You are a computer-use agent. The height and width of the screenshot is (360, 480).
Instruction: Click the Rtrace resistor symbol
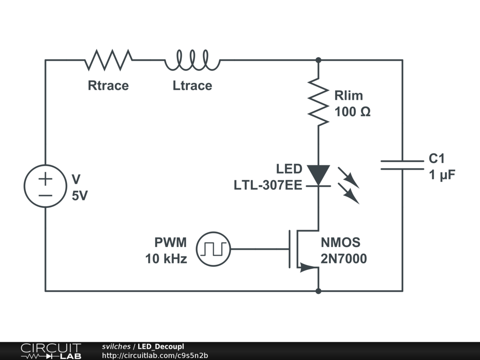[108, 60]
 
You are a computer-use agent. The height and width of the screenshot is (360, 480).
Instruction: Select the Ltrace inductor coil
[192, 60]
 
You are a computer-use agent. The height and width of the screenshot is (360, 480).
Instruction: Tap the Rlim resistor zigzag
[318, 102]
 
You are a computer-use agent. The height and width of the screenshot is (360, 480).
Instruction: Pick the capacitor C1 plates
[402, 165]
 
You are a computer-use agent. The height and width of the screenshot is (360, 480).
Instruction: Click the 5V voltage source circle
[45, 186]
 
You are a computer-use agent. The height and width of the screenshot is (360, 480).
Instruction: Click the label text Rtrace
[108, 86]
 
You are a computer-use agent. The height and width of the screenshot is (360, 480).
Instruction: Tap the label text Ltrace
[192, 86]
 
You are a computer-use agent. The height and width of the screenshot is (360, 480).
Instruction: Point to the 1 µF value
[442, 175]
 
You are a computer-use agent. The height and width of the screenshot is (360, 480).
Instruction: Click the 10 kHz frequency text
[166, 258]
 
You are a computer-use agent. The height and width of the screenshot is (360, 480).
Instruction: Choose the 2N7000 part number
[344, 259]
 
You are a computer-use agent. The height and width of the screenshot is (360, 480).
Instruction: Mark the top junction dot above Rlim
[318, 60]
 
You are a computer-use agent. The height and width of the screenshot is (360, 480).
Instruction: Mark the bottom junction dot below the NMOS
[318, 291]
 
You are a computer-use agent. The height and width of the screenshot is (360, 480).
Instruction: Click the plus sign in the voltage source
[45, 179]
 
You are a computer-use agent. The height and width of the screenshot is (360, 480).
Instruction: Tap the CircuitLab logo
[51, 351]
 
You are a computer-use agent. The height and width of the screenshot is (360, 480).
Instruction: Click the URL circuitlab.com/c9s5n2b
[155, 355]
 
